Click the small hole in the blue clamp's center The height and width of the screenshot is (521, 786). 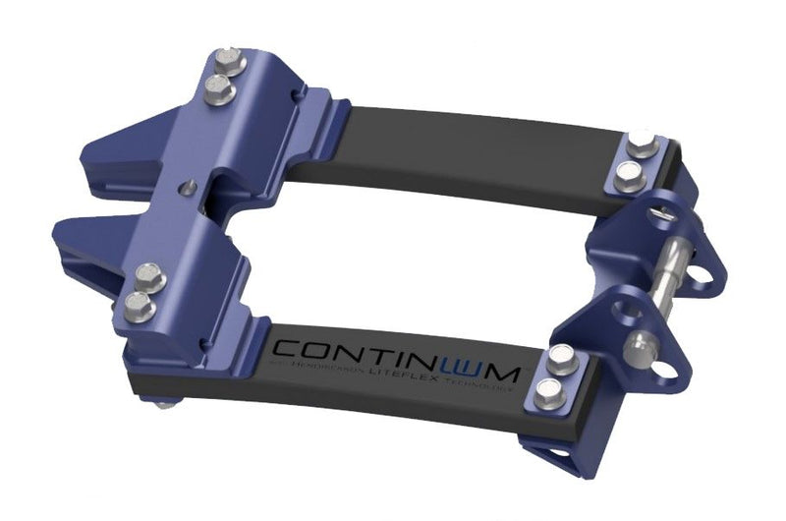pyautogui.click(x=190, y=186)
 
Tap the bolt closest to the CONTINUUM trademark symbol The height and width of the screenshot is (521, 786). pyautogui.click(x=561, y=359)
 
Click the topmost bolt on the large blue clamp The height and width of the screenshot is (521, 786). pyautogui.click(x=229, y=59)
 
